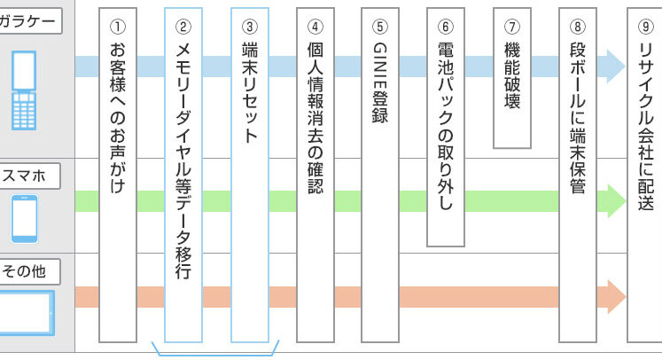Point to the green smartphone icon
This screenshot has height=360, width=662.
(x=25, y=218)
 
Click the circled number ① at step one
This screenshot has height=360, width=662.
(x=119, y=24)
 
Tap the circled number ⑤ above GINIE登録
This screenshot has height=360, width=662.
(x=380, y=24)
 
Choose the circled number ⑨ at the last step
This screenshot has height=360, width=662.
(x=644, y=24)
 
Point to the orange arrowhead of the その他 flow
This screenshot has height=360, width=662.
(x=615, y=296)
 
